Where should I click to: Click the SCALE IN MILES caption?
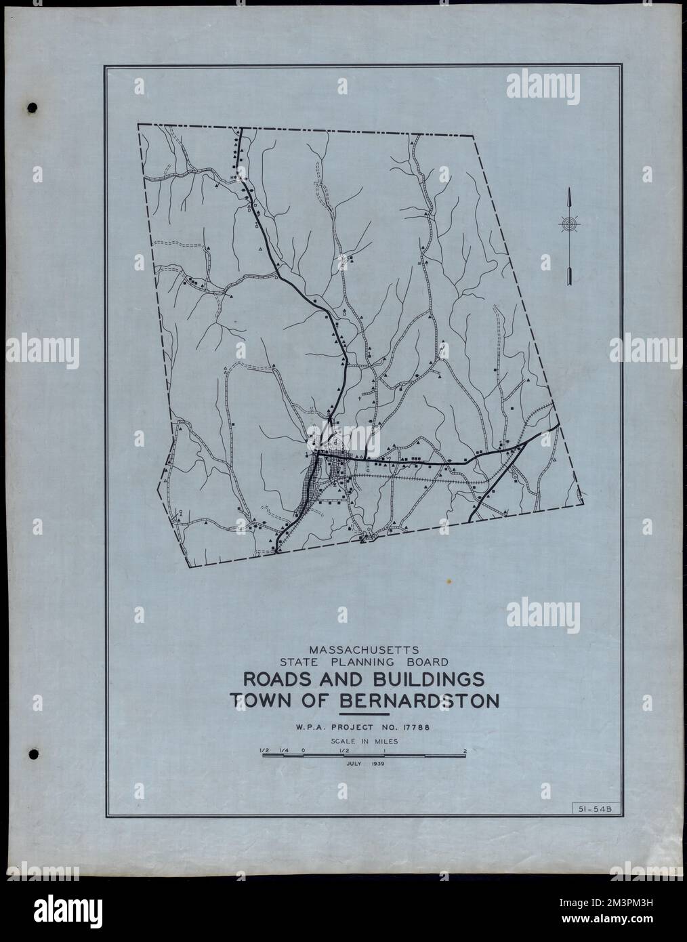364,741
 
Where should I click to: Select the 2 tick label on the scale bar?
465,751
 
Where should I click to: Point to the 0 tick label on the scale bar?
304,751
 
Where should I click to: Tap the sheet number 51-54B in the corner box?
587,808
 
